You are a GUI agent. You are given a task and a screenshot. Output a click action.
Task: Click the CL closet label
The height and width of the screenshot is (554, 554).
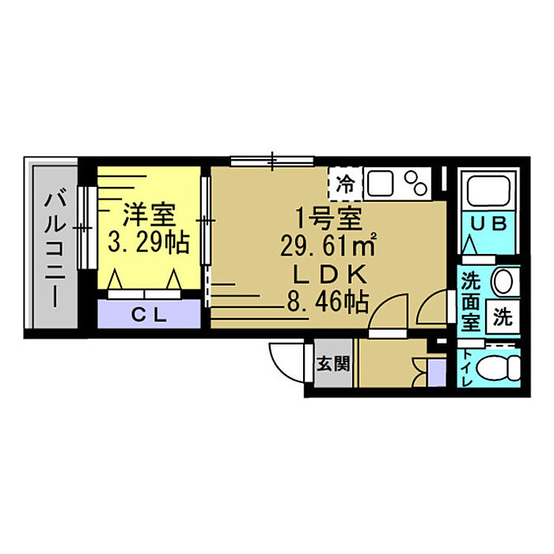click(148, 316)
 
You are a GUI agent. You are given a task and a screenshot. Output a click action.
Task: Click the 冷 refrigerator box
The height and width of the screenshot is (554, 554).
click(346, 184)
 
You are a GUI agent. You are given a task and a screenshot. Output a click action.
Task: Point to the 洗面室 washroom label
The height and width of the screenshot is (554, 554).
click(471, 300)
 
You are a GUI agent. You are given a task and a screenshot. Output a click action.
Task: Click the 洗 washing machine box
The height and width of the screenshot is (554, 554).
click(503, 318)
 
